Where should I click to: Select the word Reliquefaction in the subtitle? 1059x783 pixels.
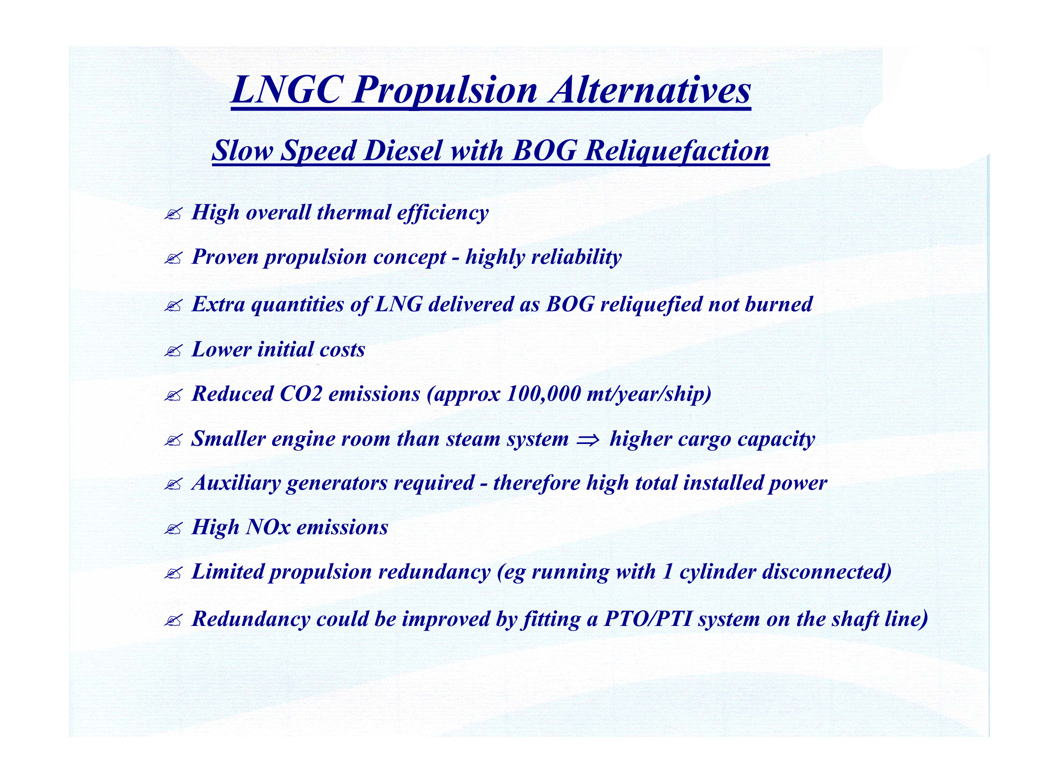coord(677,151)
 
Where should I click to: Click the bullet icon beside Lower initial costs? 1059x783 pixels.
coord(173,351)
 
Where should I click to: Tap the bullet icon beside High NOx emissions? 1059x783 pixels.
coord(173,528)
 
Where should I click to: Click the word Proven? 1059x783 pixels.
coord(225,257)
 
